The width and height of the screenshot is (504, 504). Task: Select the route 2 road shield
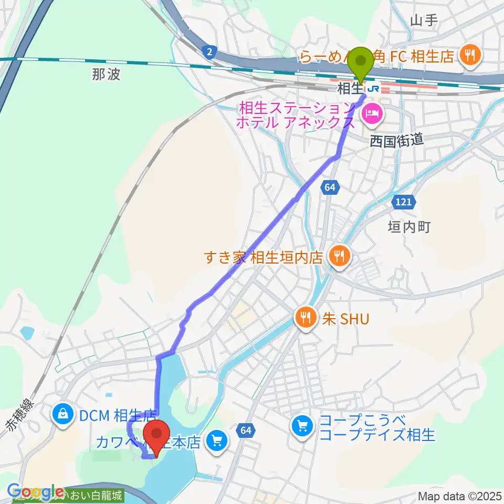tap(209, 51)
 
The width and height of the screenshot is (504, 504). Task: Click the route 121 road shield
tap(404, 202)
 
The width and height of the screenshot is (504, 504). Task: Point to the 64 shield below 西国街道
tap(330, 187)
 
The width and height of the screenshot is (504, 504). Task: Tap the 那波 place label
tap(106, 75)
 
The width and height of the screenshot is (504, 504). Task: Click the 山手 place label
tap(424, 20)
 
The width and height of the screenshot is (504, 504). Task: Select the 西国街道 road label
tap(396, 140)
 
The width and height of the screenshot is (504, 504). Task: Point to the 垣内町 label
tap(409, 227)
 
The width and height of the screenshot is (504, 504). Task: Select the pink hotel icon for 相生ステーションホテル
tap(371, 113)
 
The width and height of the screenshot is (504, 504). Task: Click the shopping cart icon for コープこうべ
tap(302, 426)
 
